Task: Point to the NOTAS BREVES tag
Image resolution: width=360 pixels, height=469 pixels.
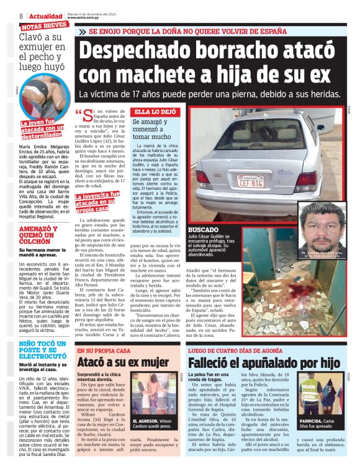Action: (44, 26)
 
